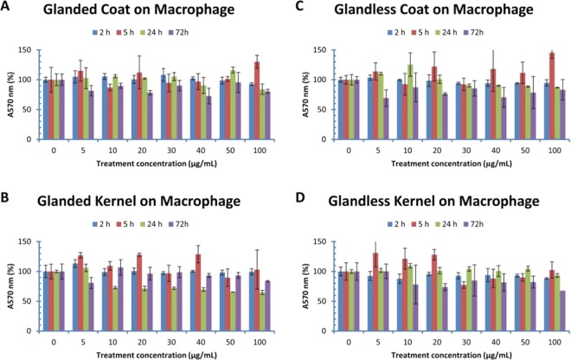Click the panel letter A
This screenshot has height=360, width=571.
8,8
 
